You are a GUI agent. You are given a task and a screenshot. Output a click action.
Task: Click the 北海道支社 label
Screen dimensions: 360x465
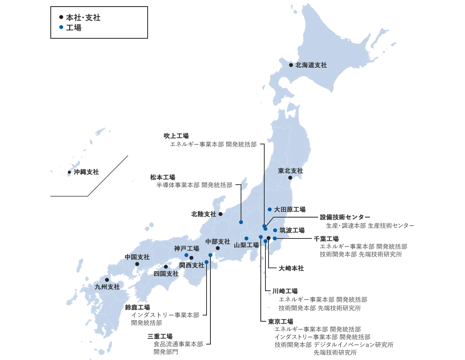tap(311, 65)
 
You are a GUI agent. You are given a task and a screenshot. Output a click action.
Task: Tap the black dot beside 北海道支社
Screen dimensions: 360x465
tap(291, 65)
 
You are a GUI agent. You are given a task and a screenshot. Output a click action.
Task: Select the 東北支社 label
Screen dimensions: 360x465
tap(291, 171)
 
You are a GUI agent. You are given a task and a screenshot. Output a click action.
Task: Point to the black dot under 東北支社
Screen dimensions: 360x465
tap(290, 178)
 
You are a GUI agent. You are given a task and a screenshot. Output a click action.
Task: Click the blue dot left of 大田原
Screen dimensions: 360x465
tap(270, 209)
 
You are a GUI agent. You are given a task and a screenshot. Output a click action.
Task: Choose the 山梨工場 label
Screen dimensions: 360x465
tap(246, 245)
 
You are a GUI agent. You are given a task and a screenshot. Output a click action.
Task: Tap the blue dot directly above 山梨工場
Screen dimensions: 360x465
tap(246, 238)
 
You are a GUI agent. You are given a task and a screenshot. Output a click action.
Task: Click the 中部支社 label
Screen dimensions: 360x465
tap(218, 241)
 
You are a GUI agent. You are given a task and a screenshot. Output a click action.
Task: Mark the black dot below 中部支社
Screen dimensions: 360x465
tap(218, 248)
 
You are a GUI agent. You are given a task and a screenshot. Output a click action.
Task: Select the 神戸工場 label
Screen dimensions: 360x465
tap(186, 249)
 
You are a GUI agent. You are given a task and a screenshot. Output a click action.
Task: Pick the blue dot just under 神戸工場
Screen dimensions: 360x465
tap(186, 255)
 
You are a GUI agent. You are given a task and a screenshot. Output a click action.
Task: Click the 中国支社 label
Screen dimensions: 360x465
tap(137, 257)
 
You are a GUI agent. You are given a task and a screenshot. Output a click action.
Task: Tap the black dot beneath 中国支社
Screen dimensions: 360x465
tap(137, 264)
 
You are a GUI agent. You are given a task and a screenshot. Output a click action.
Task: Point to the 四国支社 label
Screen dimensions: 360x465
tap(166, 274)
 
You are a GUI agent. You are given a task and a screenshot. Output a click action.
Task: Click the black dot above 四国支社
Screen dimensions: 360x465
tap(166, 267)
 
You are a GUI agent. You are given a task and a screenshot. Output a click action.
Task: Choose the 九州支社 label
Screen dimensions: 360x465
tap(107, 287)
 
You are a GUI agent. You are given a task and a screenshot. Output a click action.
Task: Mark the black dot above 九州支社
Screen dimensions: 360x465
tap(107, 279)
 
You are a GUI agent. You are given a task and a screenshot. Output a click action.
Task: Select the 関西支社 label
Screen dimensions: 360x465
tap(192, 265)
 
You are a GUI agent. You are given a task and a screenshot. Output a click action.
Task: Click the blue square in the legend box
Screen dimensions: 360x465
tap(61, 28)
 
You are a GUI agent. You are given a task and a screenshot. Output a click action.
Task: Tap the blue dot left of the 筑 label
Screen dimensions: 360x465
tap(275, 230)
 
